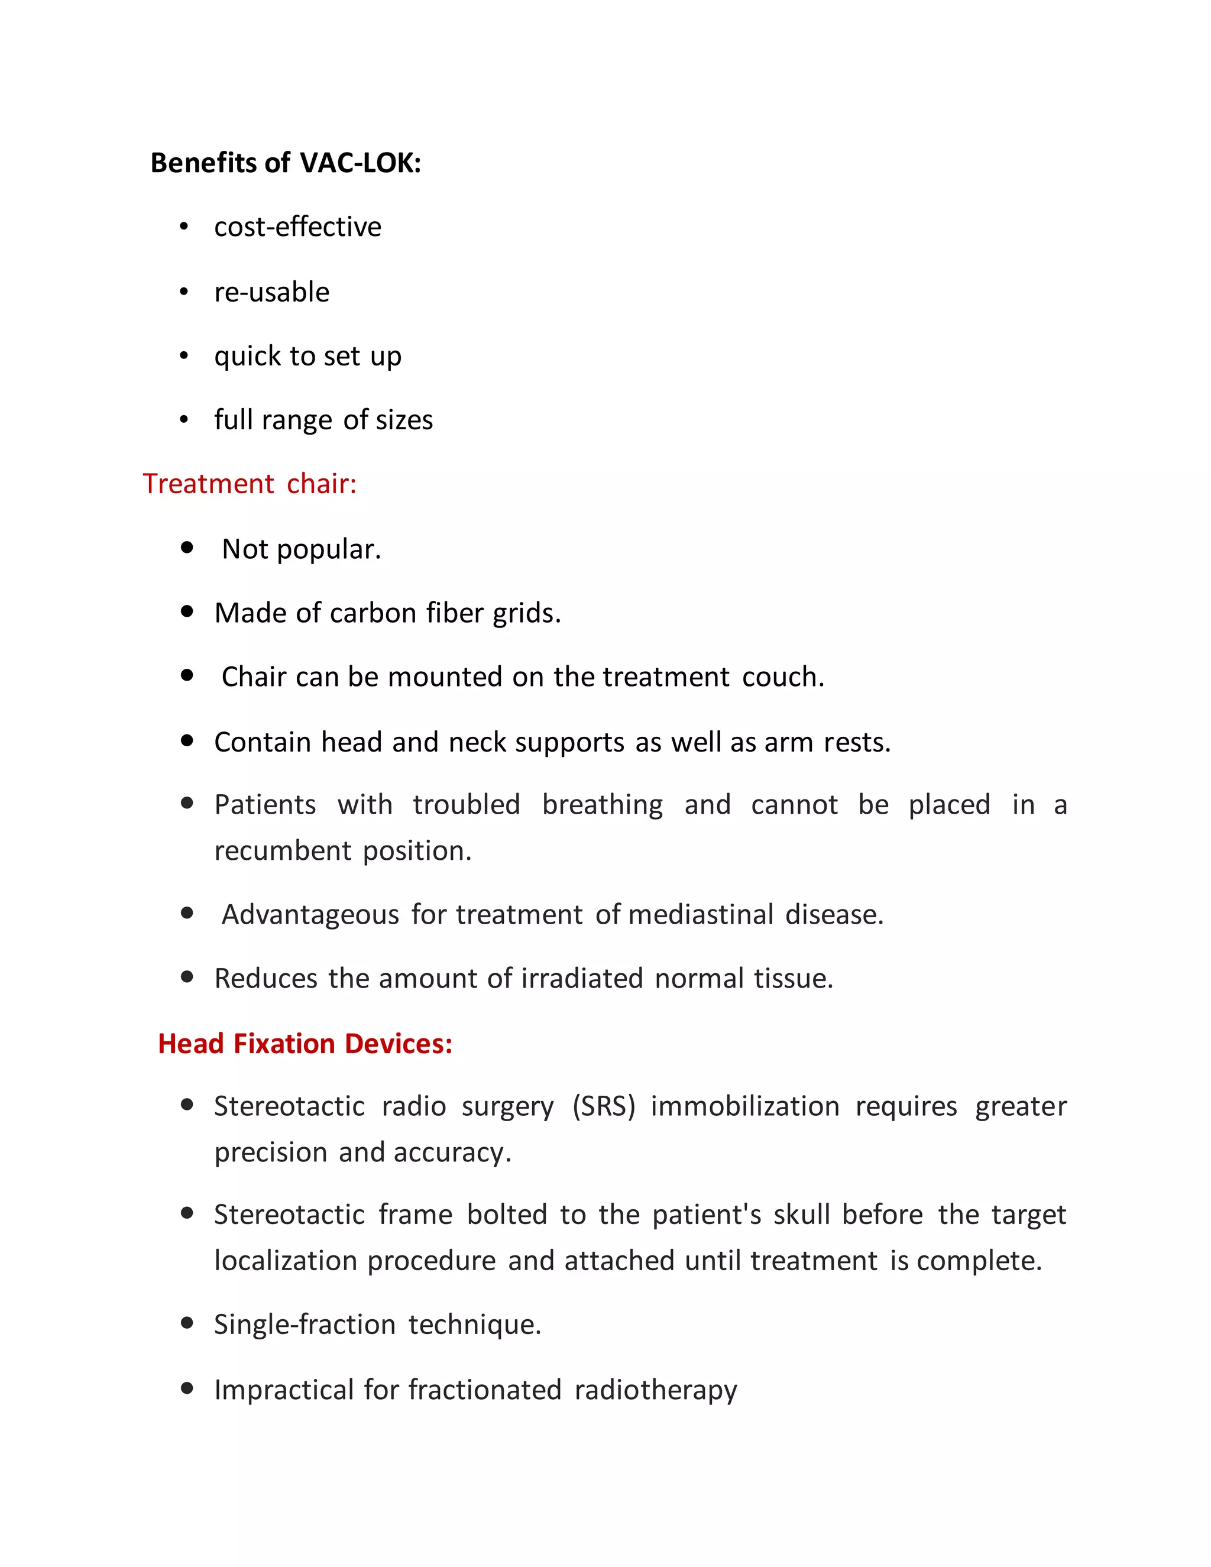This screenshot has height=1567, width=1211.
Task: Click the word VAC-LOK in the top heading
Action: pos(360,163)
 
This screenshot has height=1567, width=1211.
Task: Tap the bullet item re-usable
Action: pos(271,292)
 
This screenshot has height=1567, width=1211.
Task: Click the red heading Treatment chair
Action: pos(249,484)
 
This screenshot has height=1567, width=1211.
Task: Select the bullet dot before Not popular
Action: pos(187,548)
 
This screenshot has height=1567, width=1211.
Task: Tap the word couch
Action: pos(783,676)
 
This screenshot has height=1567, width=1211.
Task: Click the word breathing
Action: pos(602,804)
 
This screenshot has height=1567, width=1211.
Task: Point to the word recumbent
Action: pos(283,851)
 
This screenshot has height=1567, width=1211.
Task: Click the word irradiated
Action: pos(582,979)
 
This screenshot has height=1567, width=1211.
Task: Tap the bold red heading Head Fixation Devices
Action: pos(305,1043)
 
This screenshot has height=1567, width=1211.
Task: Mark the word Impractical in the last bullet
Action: pos(284,1390)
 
